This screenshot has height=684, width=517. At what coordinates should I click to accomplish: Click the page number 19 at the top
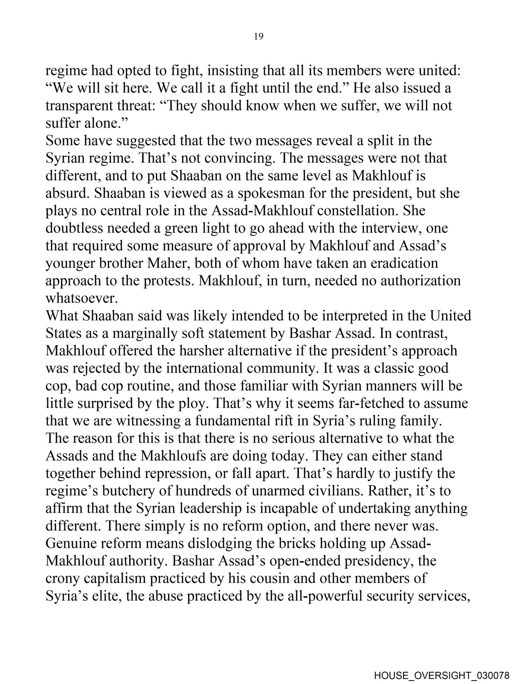259,36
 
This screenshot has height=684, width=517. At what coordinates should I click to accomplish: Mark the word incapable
294,508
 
